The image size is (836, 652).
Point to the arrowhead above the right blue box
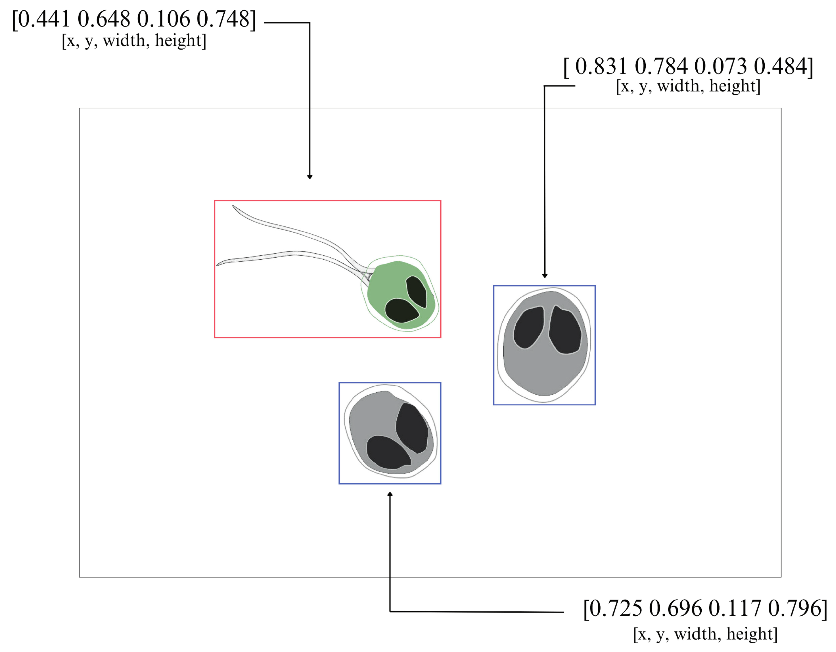545,276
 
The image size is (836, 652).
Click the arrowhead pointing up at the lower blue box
390,494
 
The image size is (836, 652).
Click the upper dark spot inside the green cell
416,291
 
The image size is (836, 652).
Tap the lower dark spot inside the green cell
401,310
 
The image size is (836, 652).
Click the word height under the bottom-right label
751,634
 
